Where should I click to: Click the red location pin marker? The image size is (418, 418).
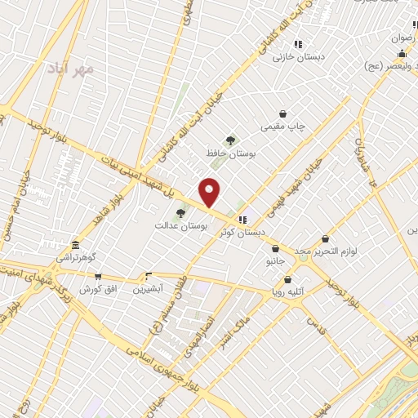pos(210,192)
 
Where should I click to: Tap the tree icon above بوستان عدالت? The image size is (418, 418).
pos(180,213)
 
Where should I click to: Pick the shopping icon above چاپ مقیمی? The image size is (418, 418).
pos(282,114)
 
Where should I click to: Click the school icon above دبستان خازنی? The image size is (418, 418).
pos(298,44)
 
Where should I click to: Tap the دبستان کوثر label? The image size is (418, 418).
pos(242,231)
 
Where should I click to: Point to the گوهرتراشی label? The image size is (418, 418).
pos(76,257)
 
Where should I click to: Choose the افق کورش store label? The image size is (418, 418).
pos(99,289)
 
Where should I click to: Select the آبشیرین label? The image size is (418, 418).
pos(149,288)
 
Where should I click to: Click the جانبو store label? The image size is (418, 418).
pos(277,261)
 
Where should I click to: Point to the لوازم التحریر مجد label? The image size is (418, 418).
pos(326,250)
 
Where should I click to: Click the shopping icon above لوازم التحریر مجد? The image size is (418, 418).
pos(326,238)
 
